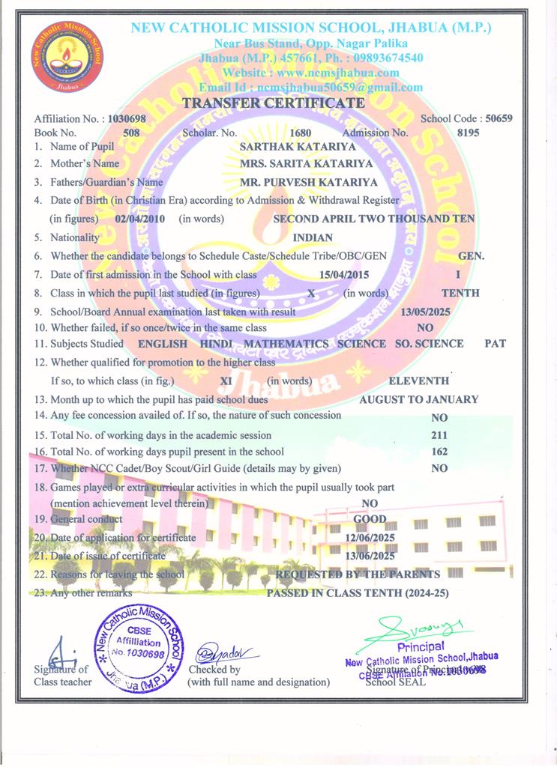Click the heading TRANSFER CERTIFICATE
click(274, 102)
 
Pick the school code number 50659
click(499, 118)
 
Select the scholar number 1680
click(300, 133)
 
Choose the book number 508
click(131, 133)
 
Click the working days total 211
click(439, 434)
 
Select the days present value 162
click(440, 452)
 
